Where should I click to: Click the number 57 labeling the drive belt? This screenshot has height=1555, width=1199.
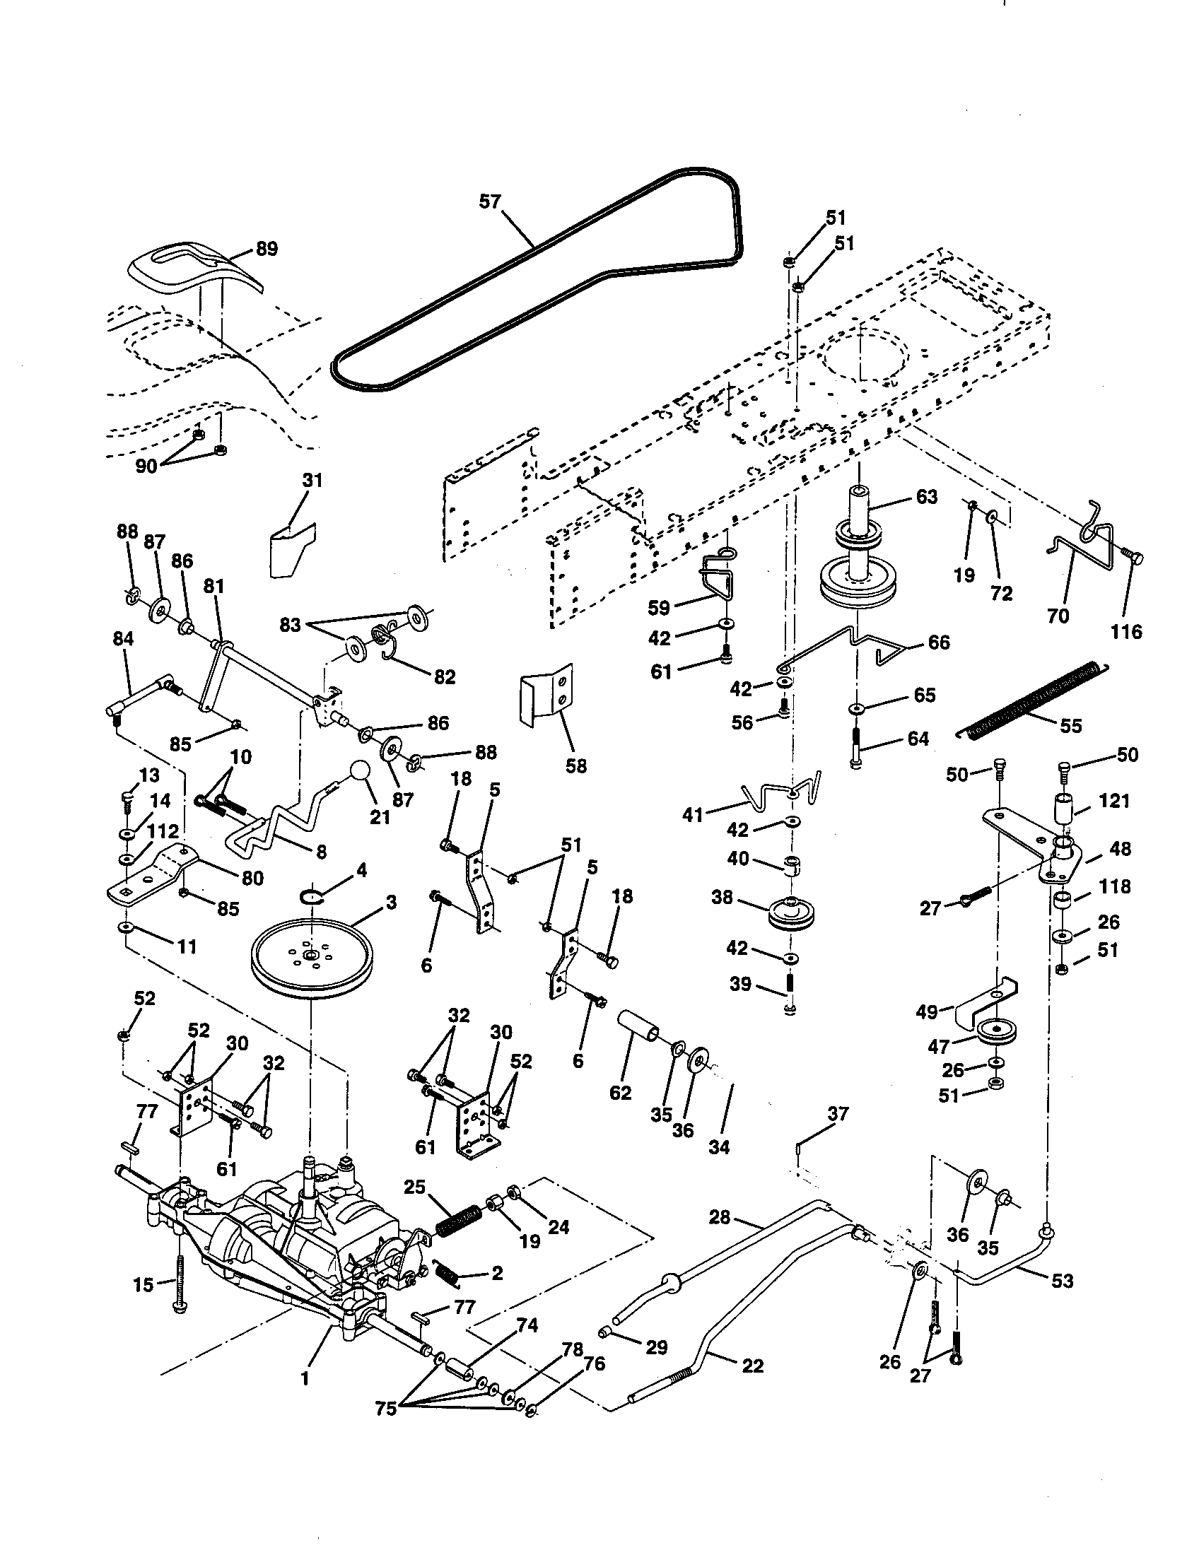point(490,201)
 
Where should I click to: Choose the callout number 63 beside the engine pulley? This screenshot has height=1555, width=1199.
point(926,497)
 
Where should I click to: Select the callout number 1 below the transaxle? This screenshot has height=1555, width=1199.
point(305,1378)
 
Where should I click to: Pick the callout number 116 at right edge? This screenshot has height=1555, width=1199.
point(1126,631)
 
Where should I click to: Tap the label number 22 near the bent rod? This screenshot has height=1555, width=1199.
point(753,1366)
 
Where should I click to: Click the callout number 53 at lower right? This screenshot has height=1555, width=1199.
point(1062,1280)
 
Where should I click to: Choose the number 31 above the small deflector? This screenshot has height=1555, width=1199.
point(312,481)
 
